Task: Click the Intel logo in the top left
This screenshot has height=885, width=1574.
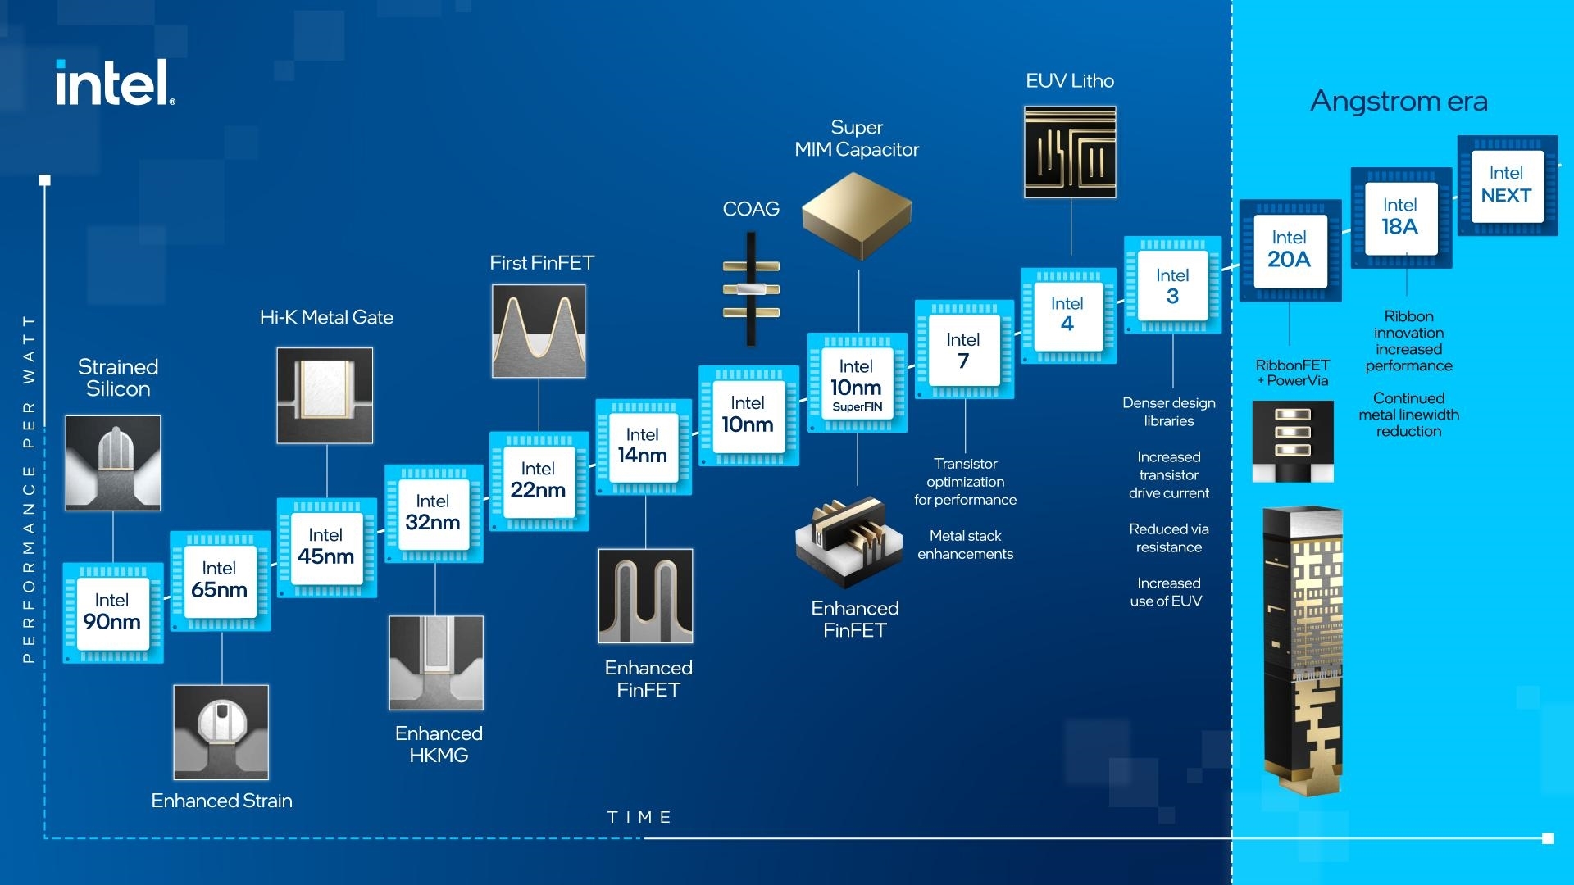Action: (115, 83)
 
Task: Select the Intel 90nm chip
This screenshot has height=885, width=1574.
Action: (112, 613)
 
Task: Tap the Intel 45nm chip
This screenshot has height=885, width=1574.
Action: (326, 547)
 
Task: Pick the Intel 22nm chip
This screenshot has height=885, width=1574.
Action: (539, 481)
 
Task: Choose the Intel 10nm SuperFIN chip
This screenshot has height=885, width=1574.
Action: (857, 383)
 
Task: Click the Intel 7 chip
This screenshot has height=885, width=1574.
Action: (964, 350)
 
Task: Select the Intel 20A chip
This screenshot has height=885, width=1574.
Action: (1290, 250)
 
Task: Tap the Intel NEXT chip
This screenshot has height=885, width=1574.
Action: (1507, 185)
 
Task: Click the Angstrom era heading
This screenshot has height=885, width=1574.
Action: (1399, 101)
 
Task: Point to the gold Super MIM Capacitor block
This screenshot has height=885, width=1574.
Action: (857, 211)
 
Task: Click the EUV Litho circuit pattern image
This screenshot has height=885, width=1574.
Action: (1070, 152)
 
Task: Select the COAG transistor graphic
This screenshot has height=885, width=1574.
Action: (751, 288)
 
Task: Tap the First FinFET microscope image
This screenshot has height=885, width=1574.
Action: (539, 331)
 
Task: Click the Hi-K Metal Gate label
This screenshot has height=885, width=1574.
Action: (326, 317)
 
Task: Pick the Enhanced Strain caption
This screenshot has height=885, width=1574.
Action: (221, 801)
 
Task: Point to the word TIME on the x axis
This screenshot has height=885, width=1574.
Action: (639, 817)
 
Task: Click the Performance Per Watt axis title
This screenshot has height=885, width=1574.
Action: (30, 488)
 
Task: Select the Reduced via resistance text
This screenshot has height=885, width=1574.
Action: (1168, 538)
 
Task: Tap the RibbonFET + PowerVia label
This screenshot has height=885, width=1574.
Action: (1293, 372)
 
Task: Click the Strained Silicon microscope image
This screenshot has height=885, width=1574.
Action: (113, 463)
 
